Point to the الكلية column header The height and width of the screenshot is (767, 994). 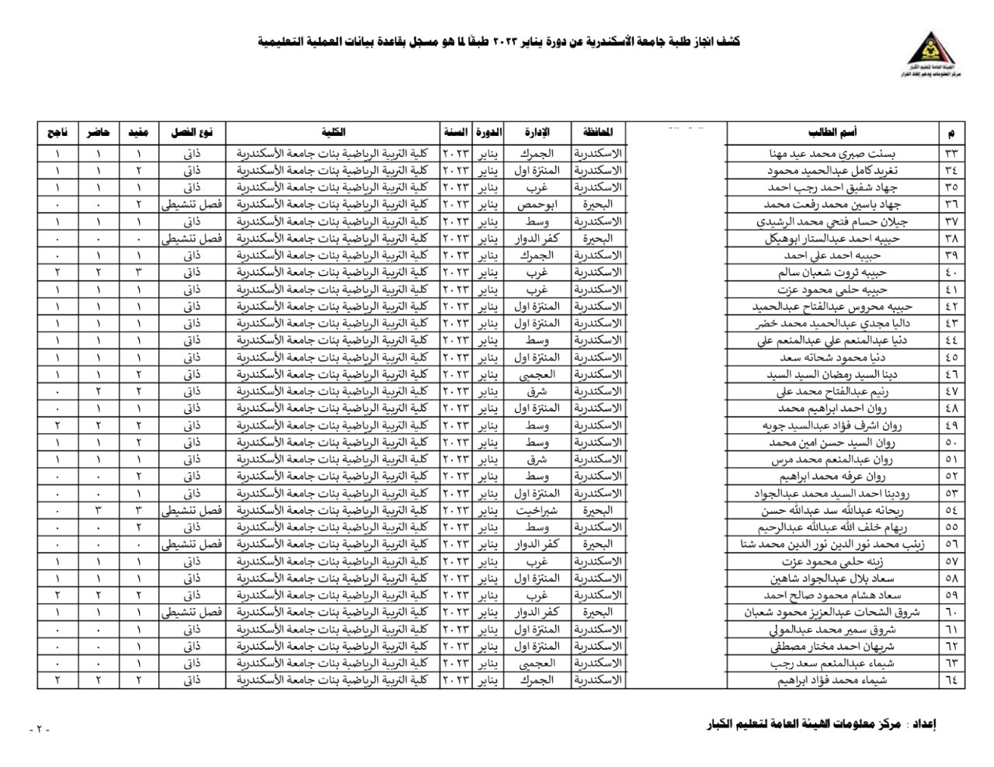[333, 132]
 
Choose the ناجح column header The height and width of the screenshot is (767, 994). [57, 132]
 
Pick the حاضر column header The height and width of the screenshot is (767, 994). [98, 132]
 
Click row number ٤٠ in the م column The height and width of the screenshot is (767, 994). [951, 272]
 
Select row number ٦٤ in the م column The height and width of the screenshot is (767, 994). [951, 681]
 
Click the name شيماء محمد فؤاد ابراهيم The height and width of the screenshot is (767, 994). [832, 681]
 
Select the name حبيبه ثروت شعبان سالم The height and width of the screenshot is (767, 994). [832, 272]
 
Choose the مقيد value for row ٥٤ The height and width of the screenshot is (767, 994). [138, 511]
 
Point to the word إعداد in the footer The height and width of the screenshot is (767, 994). [922, 725]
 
